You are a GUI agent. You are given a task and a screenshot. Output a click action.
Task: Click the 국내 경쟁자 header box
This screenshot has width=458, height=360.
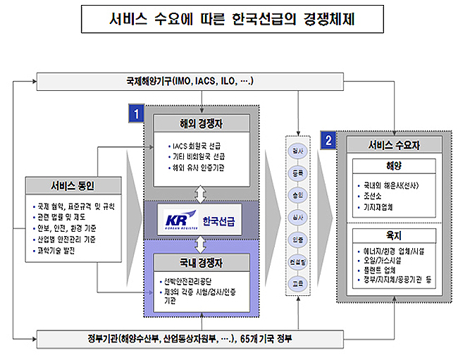pos(202,263)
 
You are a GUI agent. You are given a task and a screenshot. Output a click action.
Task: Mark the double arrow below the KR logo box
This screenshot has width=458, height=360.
pos(202,244)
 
